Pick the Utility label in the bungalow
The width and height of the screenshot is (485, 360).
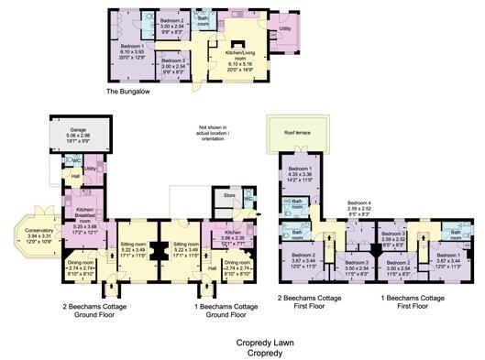pos(285,29)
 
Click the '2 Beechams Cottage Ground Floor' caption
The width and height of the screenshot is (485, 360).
pos(97,308)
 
